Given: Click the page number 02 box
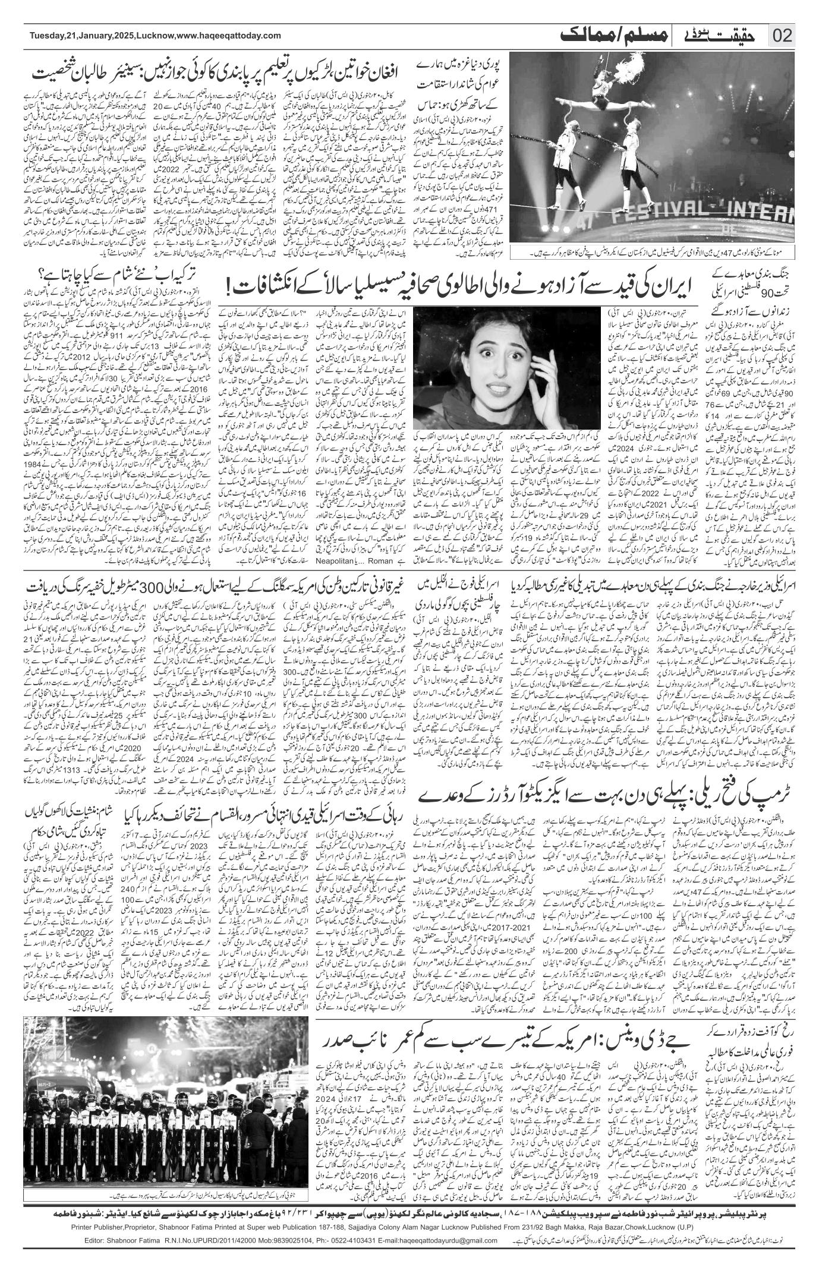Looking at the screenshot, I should point(782,36).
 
